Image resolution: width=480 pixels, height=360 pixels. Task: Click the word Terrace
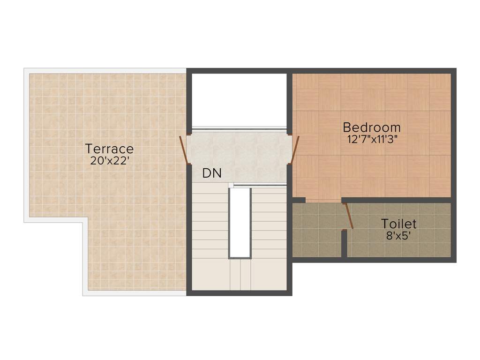click(109, 149)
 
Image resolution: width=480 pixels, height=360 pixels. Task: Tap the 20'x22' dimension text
click(110, 160)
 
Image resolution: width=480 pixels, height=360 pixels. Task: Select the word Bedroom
click(372, 127)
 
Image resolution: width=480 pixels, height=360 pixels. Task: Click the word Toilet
click(398, 224)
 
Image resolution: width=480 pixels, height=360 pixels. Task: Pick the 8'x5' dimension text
click(398, 235)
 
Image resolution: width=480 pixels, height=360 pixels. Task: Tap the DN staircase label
click(211, 173)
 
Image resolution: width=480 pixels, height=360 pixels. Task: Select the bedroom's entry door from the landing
click(294, 149)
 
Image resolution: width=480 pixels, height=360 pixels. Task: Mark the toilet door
click(348, 216)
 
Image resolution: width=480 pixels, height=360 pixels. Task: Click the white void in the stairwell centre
click(240, 222)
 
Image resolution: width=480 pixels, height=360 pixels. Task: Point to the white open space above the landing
click(239, 99)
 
